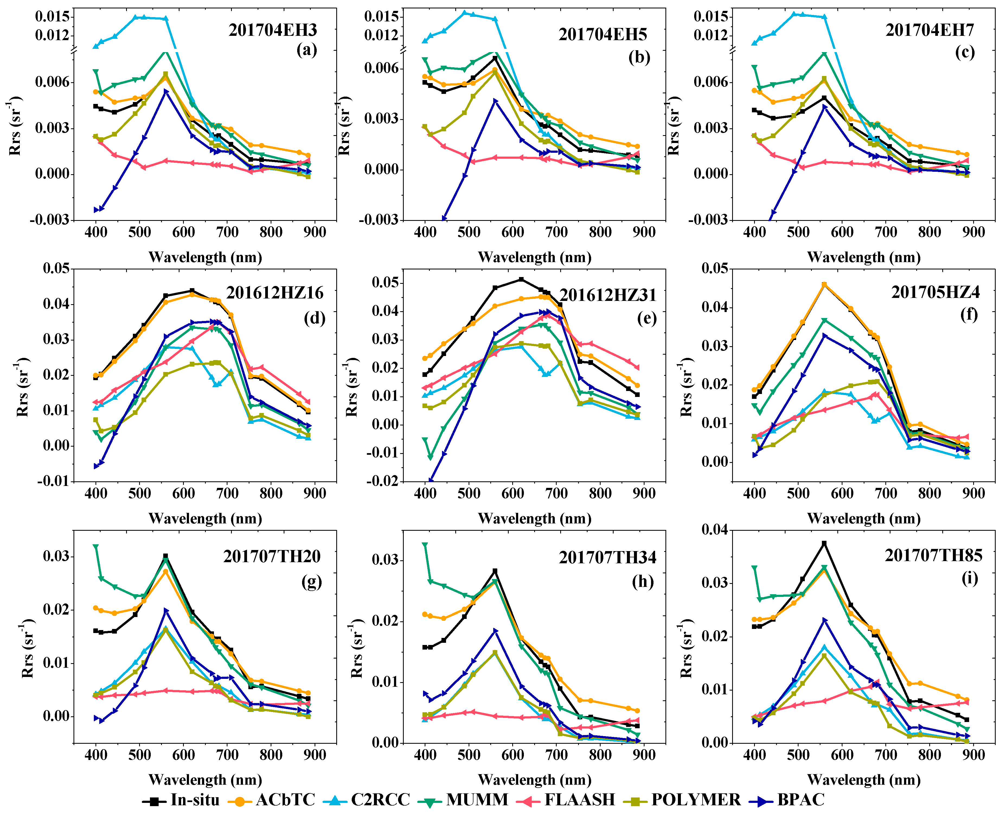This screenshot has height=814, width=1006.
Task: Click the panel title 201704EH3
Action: pos(273,30)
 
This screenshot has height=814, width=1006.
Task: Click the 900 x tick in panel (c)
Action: pos(973,232)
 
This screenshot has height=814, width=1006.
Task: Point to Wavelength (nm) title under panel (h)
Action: pos(535,780)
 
